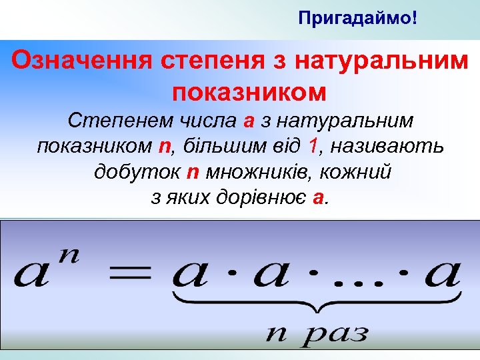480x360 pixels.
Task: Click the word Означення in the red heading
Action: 82,61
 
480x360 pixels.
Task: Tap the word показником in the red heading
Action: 249,91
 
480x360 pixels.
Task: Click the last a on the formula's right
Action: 443,275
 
